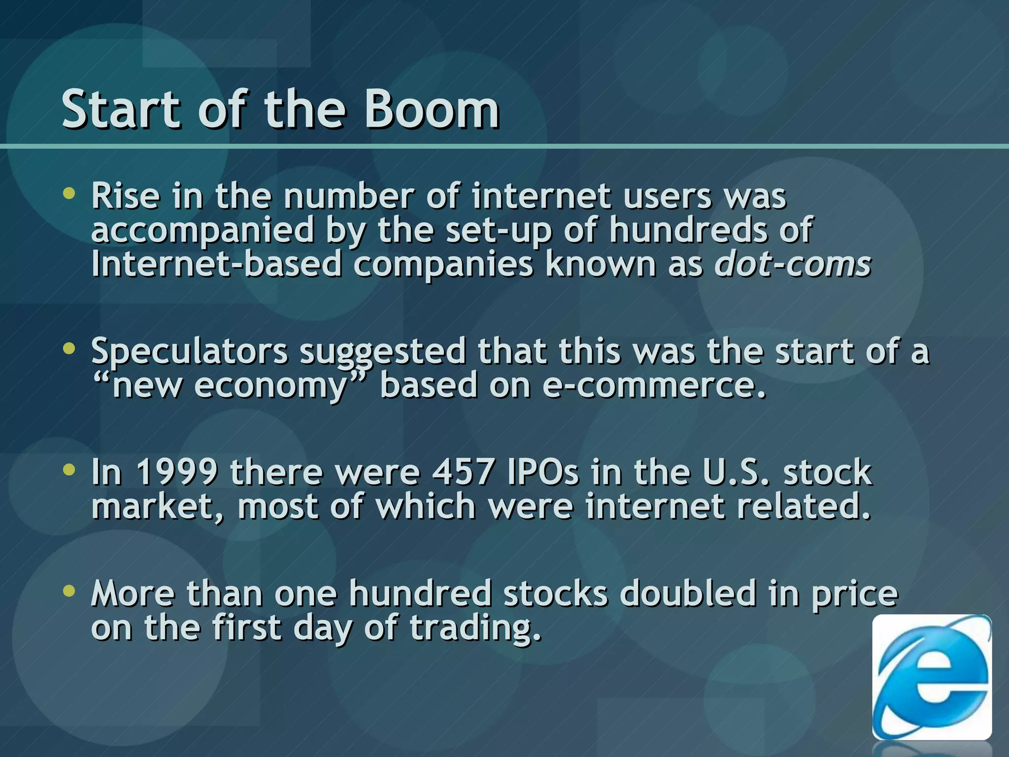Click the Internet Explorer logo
[x=931, y=677]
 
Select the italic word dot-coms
[x=793, y=265]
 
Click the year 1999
[x=176, y=472]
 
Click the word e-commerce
[x=654, y=385]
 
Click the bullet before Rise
[x=69, y=194]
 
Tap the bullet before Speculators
[x=69, y=349]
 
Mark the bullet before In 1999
[x=69, y=469]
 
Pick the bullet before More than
[x=69, y=590]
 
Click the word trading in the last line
[x=475, y=629]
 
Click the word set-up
[x=499, y=231]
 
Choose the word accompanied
[x=202, y=231]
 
